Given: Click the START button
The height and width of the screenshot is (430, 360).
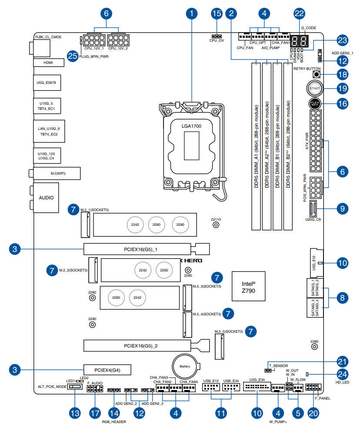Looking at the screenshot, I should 314,89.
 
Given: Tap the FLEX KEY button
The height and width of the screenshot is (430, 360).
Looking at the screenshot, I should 315,104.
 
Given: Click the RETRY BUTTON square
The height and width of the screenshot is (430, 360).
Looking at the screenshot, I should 316,74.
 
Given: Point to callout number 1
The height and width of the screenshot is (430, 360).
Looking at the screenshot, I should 192,13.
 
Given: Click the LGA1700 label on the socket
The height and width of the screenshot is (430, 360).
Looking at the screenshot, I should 191,126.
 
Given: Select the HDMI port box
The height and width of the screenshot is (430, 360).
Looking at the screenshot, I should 48,63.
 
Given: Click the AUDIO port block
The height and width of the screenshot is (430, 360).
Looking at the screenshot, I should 46,198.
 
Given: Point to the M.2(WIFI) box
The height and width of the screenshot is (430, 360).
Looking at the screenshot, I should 55,174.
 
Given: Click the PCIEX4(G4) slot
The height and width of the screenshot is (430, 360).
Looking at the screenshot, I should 107,370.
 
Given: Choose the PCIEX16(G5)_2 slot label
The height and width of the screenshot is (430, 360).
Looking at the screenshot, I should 137,346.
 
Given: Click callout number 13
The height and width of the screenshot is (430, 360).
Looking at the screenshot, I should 75,413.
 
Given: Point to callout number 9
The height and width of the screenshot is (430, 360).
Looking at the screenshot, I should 343,208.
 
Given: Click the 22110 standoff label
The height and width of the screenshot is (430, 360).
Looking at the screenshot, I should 216,220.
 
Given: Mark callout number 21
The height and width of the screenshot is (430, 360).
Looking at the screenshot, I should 343,361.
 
